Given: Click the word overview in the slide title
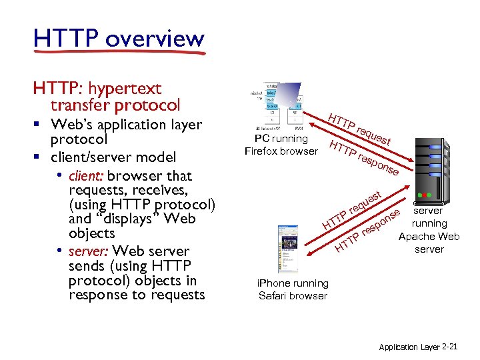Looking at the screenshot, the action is pyautogui.click(x=154, y=39).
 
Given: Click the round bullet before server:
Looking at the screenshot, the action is pyautogui.click(x=60, y=251).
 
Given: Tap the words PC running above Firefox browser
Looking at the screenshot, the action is pyautogui.click(x=281, y=139).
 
